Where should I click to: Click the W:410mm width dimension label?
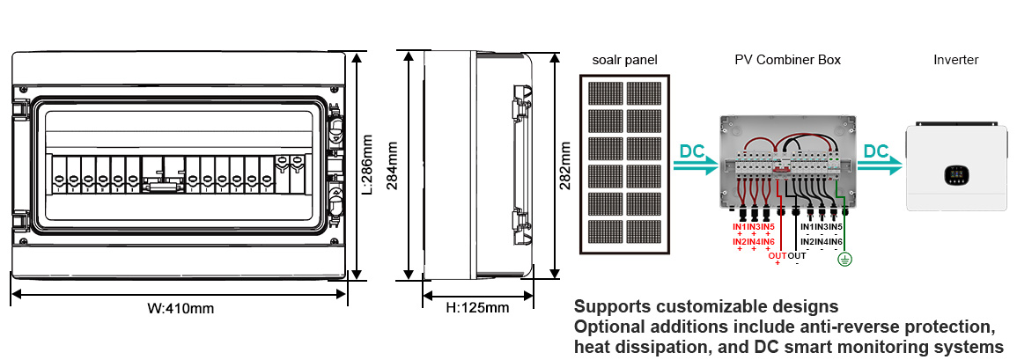(x=180, y=309)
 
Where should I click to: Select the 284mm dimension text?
(x=392, y=164)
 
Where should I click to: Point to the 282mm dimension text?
(x=565, y=164)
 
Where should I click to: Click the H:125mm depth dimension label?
(x=477, y=307)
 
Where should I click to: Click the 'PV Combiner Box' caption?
(x=787, y=60)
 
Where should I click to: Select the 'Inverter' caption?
(x=955, y=60)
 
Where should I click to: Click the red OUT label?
(x=777, y=255)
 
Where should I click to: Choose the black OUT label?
(x=797, y=255)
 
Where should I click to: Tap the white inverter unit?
(x=955, y=166)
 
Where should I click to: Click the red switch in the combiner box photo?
(x=779, y=171)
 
